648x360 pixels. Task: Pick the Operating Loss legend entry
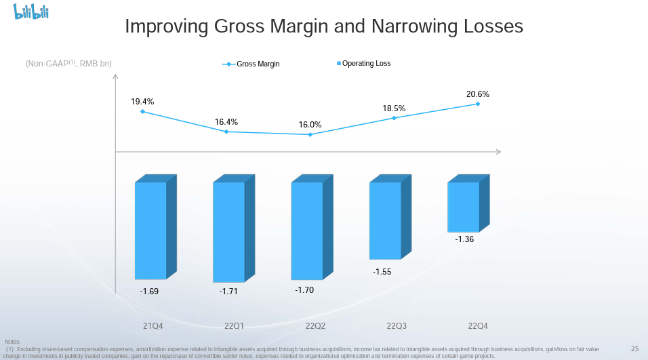(366, 64)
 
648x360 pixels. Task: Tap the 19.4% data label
(142, 102)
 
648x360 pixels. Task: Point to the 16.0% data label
(310, 125)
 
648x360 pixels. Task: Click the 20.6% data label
(478, 94)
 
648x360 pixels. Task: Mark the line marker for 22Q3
(394, 118)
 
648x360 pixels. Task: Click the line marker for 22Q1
(226, 132)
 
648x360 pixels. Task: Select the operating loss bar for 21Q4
(151, 231)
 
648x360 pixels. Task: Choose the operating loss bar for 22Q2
(307, 231)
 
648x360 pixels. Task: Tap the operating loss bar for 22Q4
(464, 207)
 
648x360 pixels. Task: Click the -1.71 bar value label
(228, 292)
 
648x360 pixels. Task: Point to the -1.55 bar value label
(382, 272)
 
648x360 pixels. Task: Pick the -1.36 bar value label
(464, 239)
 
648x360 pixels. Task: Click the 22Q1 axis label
(234, 326)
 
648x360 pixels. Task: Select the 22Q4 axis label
(478, 326)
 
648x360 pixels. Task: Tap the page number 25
(634, 348)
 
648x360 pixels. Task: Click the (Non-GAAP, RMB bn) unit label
(68, 64)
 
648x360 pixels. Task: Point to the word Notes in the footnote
(12, 341)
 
